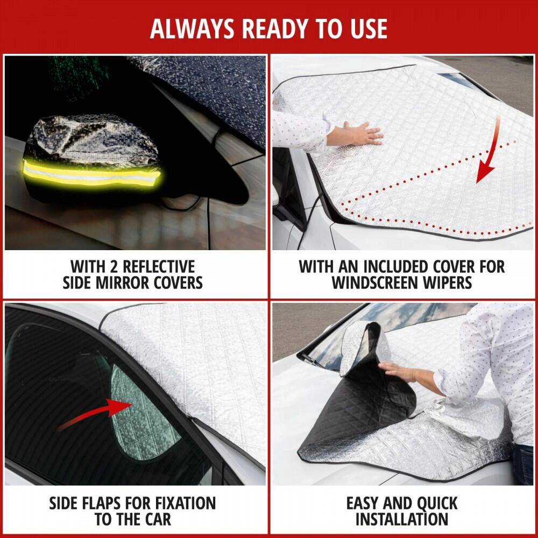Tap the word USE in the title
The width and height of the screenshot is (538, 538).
[x=369, y=29]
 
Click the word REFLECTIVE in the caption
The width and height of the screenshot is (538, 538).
[x=159, y=267]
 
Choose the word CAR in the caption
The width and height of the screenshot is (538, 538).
[x=158, y=520]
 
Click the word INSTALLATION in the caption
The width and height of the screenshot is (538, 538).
[x=402, y=520]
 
